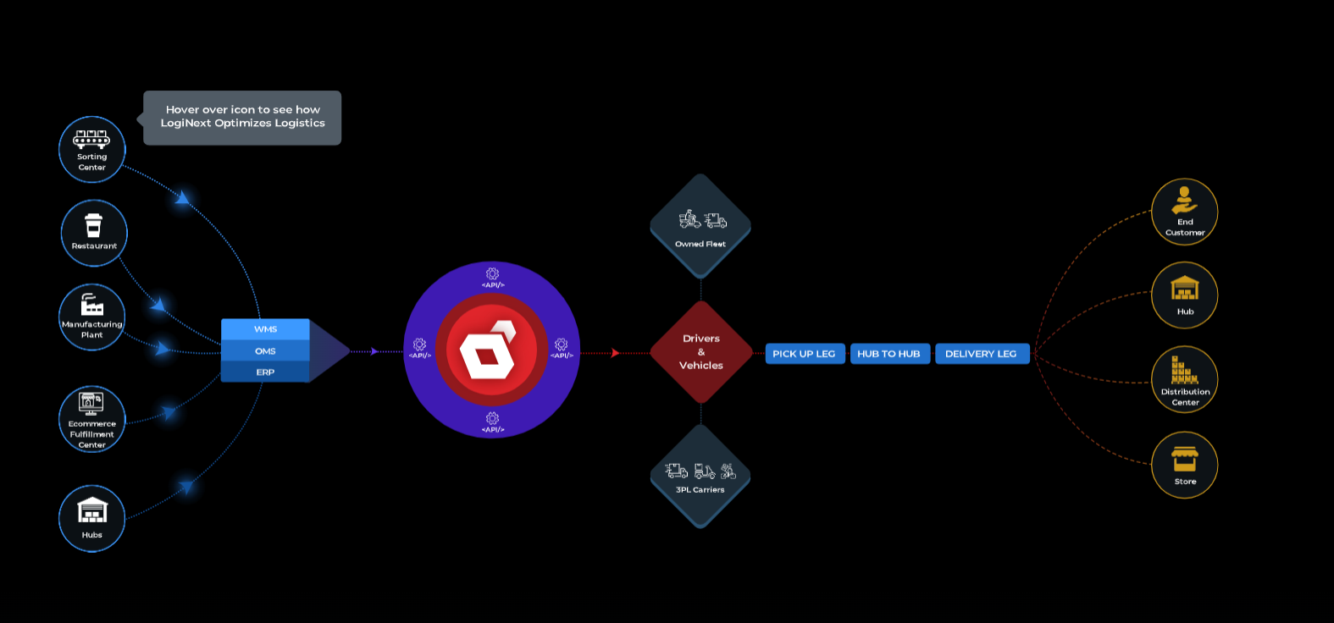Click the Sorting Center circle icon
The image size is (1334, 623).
pos(92,149)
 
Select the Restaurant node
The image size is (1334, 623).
pos(94,233)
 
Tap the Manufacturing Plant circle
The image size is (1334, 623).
pos(92,317)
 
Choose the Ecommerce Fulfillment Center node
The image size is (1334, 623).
pos(92,420)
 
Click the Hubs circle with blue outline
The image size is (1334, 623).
pos(92,518)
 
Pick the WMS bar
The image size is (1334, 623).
pos(265,329)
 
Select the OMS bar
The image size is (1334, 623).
pos(265,350)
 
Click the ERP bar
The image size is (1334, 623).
pos(265,372)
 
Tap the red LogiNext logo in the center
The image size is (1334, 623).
pos(491,350)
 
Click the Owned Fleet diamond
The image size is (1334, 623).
pos(700,226)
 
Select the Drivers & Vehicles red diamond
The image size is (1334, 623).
pos(701,352)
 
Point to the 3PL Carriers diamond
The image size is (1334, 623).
pos(700,477)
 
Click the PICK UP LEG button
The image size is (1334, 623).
pos(804,354)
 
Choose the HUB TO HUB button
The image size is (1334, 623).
pos(888,354)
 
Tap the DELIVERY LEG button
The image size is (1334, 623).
pos(981,354)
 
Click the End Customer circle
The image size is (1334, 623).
pos(1185,212)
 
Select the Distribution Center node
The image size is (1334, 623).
pos(1185,379)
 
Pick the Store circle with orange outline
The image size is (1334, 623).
pos(1185,465)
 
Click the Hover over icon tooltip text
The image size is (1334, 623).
pos(242,117)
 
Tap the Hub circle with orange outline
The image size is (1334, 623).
pos(1185,295)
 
